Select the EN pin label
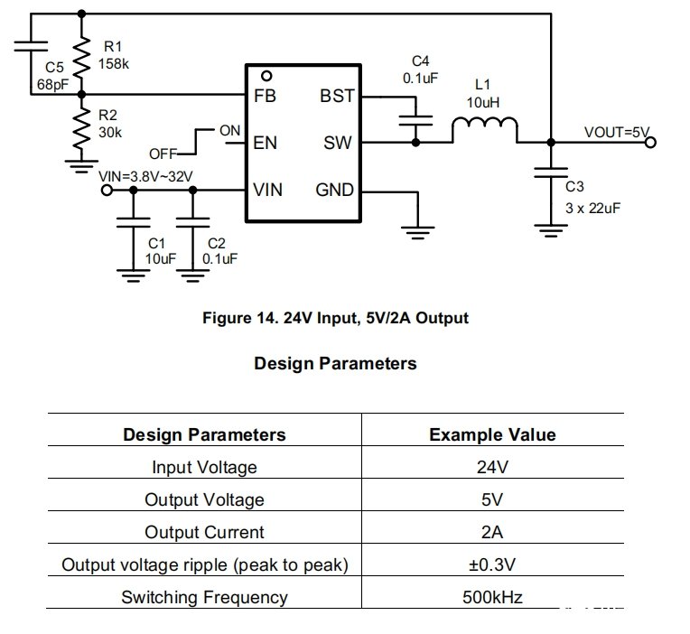tap(266, 143)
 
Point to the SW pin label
tap(339, 143)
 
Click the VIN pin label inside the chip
tap(268, 190)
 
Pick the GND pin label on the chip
tap(334, 190)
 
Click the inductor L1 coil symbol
tap(484, 130)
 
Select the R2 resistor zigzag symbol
tap(82, 127)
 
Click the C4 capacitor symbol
tap(416, 118)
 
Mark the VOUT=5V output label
tap(617, 132)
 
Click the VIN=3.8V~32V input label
tap(146, 176)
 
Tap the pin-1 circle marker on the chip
tap(266, 76)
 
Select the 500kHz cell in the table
tap(492, 597)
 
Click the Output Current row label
tap(204, 532)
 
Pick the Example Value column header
tap(492, 434)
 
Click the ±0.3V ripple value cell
tap(492, 564)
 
